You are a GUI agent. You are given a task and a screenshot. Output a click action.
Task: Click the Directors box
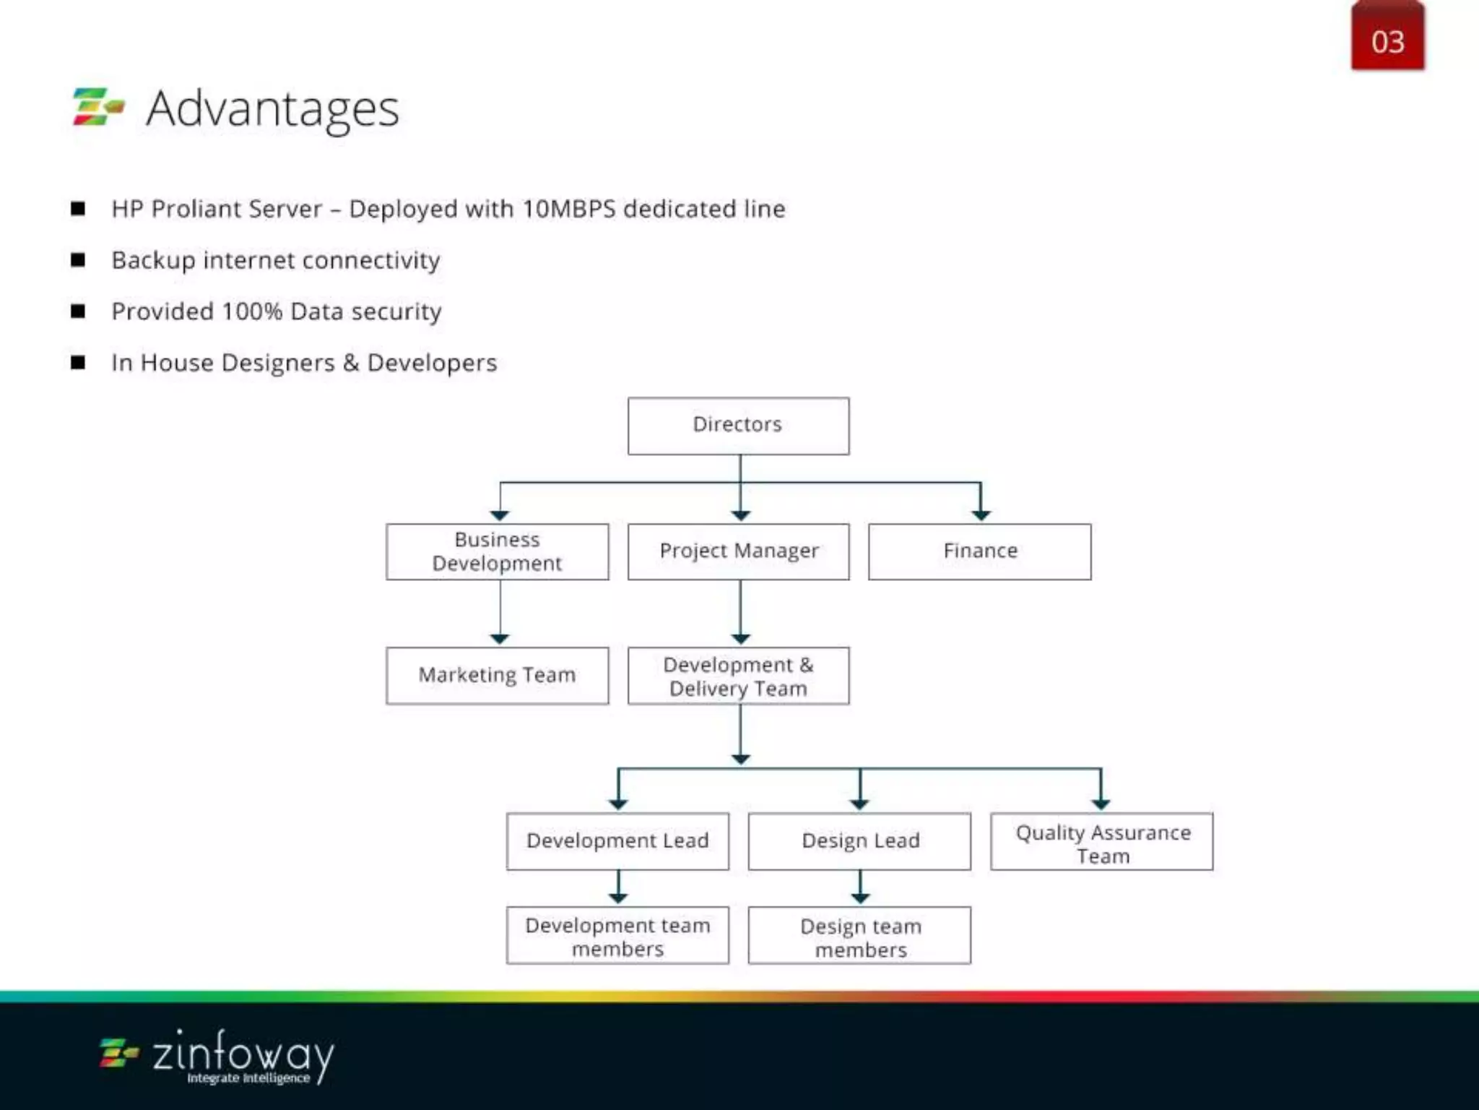point(738,426)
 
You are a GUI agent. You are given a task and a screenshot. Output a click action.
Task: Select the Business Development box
point(497,551)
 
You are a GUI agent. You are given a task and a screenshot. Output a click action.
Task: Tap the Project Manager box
point(738,551)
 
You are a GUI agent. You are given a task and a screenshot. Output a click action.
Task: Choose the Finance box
point(979,551)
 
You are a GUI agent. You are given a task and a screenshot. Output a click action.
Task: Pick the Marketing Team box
point(497,675)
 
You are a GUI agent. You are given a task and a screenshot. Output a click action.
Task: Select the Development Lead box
point(617,841)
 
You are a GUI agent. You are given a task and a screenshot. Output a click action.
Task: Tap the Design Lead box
point(859,841)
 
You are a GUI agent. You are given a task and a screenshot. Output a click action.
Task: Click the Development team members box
point(617,935)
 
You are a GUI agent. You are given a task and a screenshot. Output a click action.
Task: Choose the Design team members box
point(859,935)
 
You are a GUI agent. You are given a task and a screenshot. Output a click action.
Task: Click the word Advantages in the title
point(272,109)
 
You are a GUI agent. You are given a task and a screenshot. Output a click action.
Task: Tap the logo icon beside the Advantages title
point(98,107)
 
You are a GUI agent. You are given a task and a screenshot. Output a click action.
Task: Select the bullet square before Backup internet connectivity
point(78,260)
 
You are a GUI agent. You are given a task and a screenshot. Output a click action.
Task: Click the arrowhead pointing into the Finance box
point(980,515)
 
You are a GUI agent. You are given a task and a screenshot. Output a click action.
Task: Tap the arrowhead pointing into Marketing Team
point(500,638)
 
